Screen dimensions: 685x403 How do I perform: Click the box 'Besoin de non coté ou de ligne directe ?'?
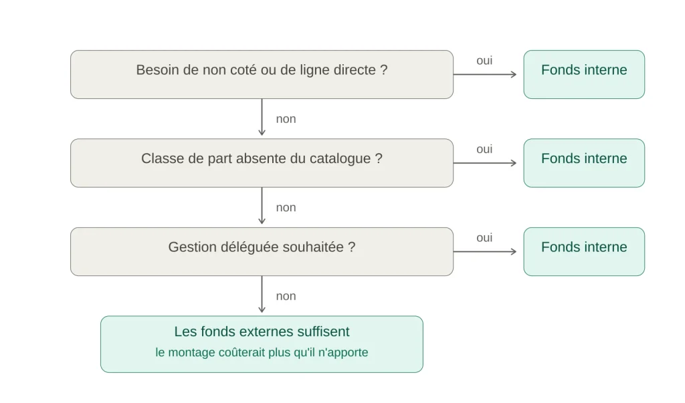tap(262, 74)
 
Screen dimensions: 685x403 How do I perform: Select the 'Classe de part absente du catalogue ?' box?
tap(262, 163)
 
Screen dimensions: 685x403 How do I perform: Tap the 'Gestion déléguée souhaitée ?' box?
tap(262, 251)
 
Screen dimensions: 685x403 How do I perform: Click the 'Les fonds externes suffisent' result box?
tap(262, 344)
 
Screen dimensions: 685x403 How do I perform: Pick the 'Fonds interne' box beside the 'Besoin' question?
tap(584, 74)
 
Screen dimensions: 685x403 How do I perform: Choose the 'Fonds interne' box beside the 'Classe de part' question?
tap(584, 163)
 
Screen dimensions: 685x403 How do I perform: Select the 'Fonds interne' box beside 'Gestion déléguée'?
tap(584, 251)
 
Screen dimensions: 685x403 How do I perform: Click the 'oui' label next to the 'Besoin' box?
tap(484, 61)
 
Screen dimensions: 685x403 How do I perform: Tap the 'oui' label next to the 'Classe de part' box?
tap(484, 149)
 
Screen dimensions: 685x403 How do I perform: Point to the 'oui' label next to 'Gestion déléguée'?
tap(484, 238)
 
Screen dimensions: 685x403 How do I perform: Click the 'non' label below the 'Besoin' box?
tap(286, 119)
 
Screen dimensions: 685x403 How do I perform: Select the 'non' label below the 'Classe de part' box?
tap(286, 208)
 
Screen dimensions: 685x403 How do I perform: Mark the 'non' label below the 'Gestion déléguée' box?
tap(286, 297)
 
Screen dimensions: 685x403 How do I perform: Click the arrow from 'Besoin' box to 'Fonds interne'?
tap(485, 74)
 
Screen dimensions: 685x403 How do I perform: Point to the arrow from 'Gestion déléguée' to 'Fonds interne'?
tap(485, 251)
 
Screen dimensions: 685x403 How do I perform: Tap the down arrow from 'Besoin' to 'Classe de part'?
tap(262, 117)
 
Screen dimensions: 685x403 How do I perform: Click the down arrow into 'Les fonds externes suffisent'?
tap(262, 294)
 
